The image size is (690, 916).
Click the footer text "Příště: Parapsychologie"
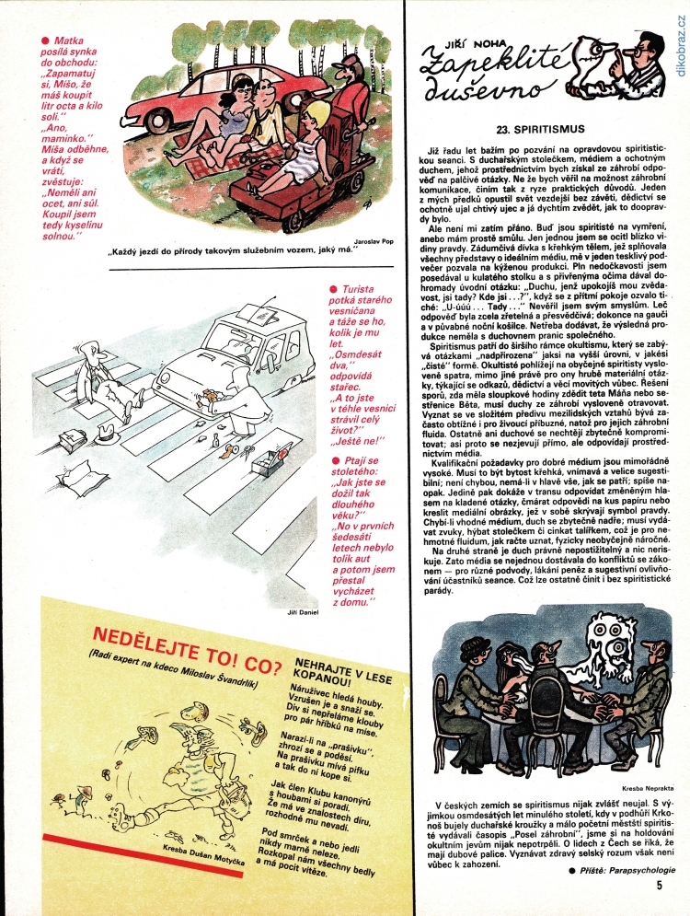click(x=627, y=870)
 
